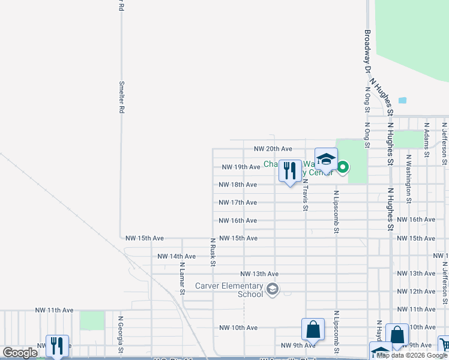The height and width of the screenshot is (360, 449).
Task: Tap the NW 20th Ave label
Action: click(273, 149)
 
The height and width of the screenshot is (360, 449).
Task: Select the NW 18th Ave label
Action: click(238, 185)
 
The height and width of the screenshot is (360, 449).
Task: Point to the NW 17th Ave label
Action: click(238, 203)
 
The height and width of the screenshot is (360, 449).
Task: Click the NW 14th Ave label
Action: click(176, 256)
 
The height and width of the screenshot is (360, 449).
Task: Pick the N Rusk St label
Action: click(212, 251)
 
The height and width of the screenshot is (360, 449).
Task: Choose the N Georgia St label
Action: click(121, 334)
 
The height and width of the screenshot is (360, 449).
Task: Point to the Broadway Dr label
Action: click(367, 52)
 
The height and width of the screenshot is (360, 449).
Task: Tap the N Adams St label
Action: click(426, 140)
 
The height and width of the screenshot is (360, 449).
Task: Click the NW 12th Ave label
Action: click(416, 292)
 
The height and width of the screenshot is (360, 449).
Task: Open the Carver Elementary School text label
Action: click(229, 290)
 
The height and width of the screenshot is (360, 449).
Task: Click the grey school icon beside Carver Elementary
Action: click(273, 290)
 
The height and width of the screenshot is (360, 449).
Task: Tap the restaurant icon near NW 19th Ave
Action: click(290, 170)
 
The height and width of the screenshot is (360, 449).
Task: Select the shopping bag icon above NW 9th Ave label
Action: click(313, 330)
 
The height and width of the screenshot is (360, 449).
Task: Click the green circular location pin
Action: click(343, 167)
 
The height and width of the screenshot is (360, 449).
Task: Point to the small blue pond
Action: click(402, 100)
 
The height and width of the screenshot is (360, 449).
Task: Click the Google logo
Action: click(20, 353)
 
